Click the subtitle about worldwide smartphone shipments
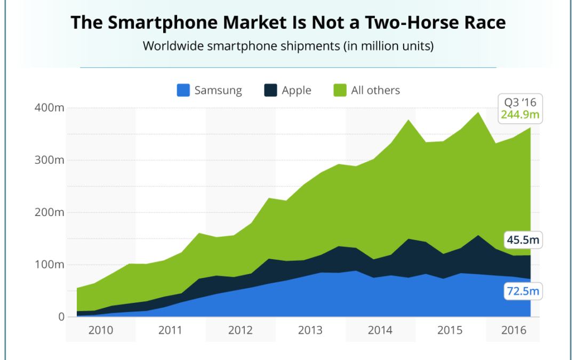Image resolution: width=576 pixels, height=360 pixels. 288,46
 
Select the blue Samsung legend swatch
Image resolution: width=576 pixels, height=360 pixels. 183,90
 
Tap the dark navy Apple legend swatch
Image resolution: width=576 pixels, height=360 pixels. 270,90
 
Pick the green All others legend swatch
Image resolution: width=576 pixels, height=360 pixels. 340,90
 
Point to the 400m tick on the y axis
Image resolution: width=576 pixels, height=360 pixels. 50,108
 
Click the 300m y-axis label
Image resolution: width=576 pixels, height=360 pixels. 50,160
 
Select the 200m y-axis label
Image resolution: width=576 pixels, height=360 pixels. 50,212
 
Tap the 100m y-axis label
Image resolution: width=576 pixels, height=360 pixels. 50,265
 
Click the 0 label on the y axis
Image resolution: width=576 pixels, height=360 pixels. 60,317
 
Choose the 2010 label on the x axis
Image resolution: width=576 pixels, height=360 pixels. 101,331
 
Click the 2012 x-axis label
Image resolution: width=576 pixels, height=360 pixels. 241,331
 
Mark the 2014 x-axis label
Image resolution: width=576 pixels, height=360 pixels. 380,331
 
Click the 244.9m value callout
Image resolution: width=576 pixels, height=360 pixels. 520,115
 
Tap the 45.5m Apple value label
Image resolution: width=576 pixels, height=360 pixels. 522,241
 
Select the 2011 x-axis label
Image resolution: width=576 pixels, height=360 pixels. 171,331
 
